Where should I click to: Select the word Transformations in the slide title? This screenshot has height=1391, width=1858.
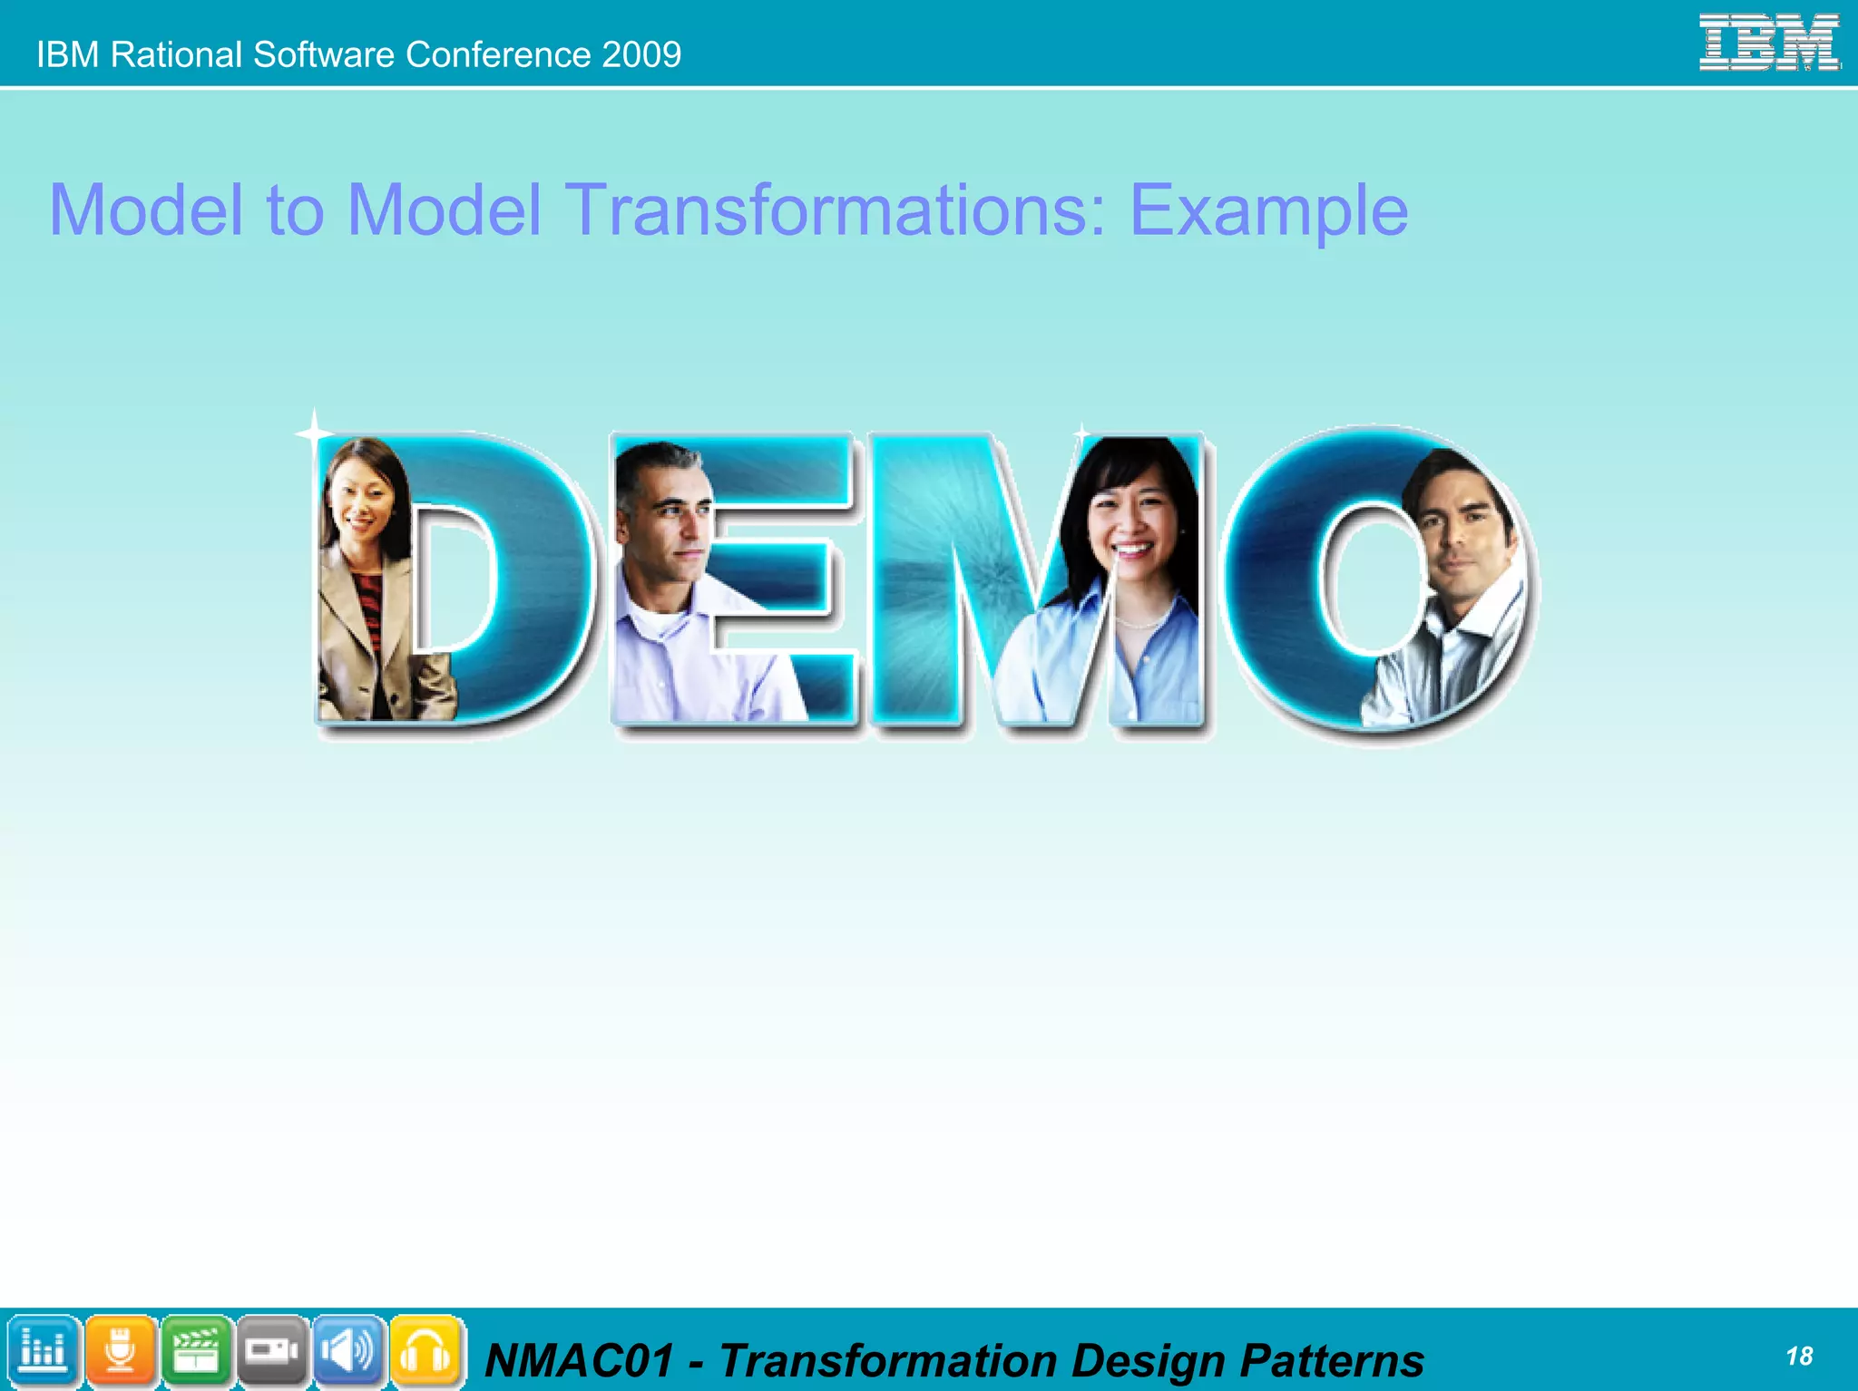(836, 210)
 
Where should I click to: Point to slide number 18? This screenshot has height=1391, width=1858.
(1798, 1356)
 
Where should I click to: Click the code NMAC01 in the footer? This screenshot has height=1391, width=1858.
(581, 1360)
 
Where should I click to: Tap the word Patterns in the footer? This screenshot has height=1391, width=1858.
(1332, 1360)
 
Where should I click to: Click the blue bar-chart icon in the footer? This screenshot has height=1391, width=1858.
(43, 1351)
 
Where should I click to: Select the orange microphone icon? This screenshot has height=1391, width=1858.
(120, 1351)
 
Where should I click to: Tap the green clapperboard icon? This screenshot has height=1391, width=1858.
(196, 1351)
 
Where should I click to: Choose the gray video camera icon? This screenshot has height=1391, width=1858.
(272, 1351)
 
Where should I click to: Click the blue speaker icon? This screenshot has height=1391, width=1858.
(348, 1351)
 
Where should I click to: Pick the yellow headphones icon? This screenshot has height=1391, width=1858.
(425, 1351)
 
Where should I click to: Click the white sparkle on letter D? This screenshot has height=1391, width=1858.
(314, 433)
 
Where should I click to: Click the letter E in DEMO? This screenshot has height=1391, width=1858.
(780, 580)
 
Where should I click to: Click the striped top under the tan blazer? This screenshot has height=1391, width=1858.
(368, 608)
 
